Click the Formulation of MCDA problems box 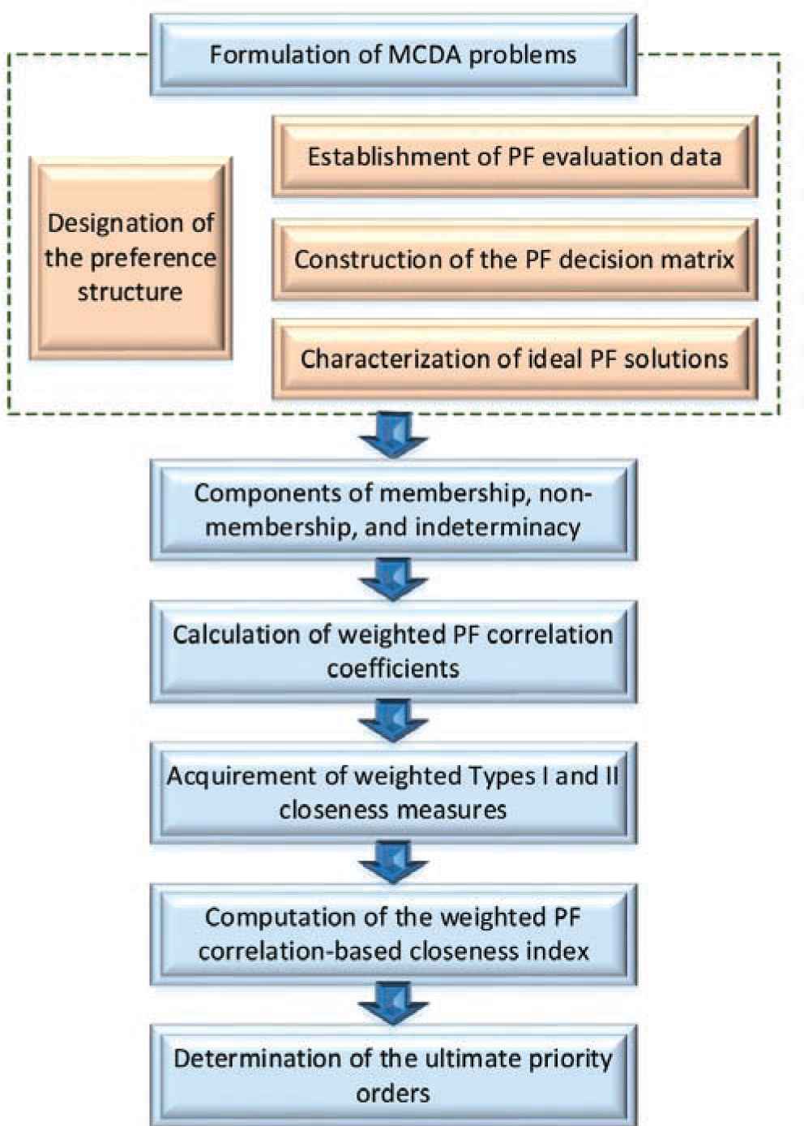pos(393,55)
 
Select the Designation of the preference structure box pos(130,258)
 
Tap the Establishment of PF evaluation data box pos(514,157)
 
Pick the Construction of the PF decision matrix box pos(514,260)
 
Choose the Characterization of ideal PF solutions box pos(514,359)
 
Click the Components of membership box pos(393,510)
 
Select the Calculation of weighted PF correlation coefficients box pos(393,651)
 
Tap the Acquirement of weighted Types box pos(393,793)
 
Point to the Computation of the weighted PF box pos(393,934)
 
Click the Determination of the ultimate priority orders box pos(393,1075)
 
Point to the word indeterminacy pos(498,527)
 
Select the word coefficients pos(393,668)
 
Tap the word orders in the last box pos(393,1092)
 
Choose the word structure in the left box pos(130,292)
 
